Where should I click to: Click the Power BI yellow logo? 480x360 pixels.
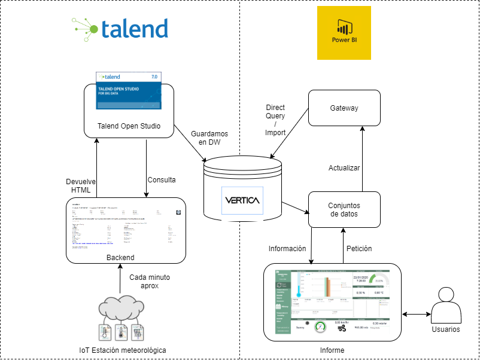pyautogui.click(x=344, y=33)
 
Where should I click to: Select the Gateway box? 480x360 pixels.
pyautogui.click(x=344, y=108)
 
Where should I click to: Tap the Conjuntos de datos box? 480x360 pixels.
pyautogui.click(x=344, y=210)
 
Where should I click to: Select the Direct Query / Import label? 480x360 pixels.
pyautogui.click(x=275, y=120)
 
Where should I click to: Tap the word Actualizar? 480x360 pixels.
pyautogui.click(x=344, y=168)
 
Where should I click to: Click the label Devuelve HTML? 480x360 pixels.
pyautogui.click(x=80, y=185)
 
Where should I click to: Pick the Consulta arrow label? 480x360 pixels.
pyautogui.click(x=161, y=180)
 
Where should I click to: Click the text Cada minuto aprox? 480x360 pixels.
pyautogui.click(x=149, y=282)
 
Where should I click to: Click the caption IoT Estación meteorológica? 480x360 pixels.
pyautogui.click(x=122, y=350)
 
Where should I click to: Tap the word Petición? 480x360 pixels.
pyautogui.click(x=359, y=248)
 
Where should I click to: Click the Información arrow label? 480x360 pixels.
pyautogui.click(x=287, y=248)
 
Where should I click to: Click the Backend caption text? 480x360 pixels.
pyautogui.click(x=120, y=258)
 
